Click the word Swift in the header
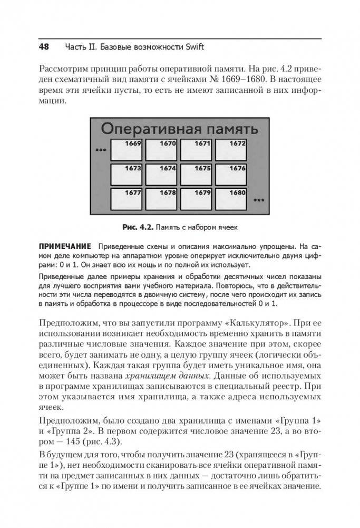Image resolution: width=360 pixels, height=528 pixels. [193, 47]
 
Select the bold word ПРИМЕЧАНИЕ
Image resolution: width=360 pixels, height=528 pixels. [64, 246]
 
